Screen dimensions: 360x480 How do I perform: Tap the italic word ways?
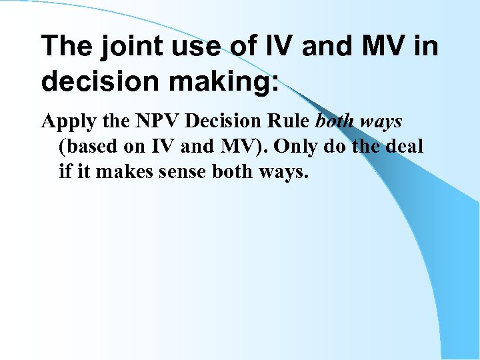(382, 122)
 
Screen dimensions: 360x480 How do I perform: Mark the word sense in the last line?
(181, 171)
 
